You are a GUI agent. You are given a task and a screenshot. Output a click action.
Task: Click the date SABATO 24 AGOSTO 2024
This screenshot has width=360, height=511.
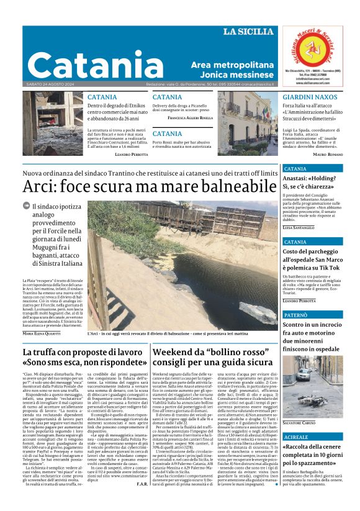(x=50, y=84)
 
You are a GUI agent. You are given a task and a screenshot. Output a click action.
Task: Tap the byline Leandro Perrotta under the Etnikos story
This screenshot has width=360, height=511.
(x=132, y=153)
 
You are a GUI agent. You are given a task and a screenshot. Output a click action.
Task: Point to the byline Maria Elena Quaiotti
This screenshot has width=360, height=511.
(x=41, y=333)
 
